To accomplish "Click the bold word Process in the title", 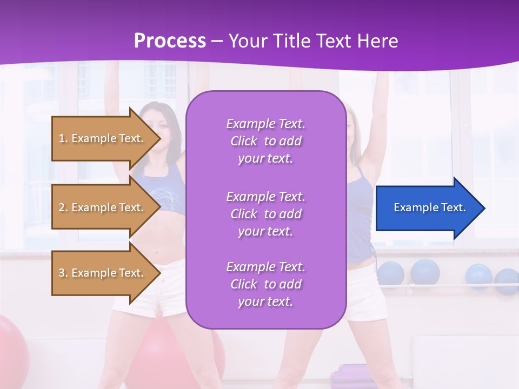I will (170, 41).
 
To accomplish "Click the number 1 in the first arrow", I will (62, 138).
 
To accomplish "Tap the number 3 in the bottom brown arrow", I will (62, 273).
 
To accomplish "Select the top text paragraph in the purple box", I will (265, 141).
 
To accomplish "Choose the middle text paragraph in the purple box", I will (265, 214).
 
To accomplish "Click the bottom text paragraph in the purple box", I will (265, 284).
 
